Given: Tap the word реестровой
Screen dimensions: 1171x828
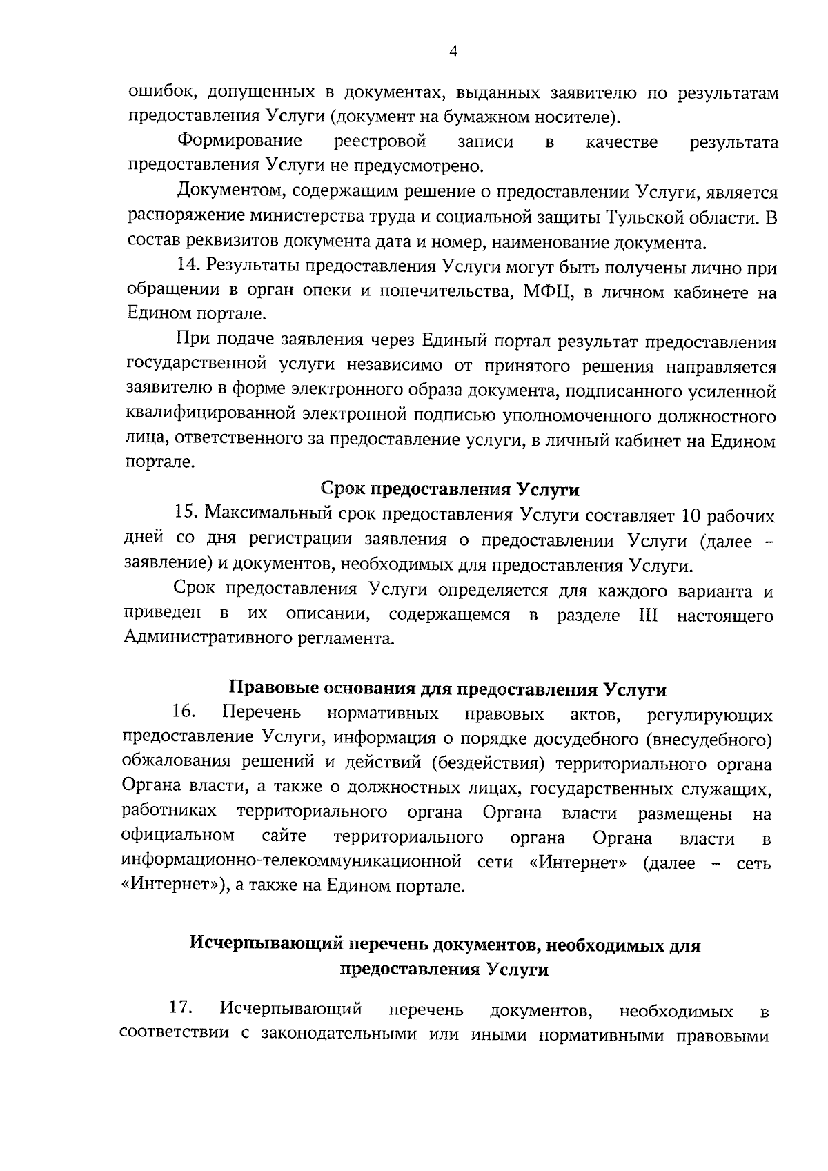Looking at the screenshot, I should pos(379,141).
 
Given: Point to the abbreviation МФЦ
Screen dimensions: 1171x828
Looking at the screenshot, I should pos(546,293).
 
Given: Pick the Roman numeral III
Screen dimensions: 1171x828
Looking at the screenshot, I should pos(649,616).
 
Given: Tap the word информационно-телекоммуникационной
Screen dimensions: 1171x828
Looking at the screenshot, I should pos(290,863).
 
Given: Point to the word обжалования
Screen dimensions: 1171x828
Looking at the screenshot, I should pos(177,763).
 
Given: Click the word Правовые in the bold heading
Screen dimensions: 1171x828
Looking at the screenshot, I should pos(266,689).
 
